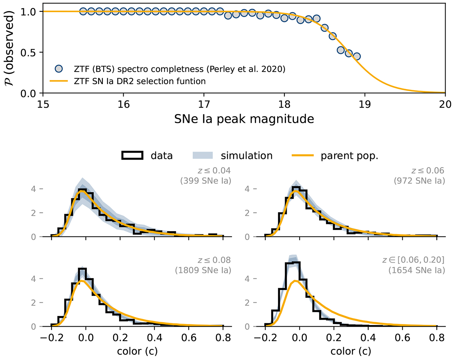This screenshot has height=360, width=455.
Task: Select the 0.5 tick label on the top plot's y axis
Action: [32, 52]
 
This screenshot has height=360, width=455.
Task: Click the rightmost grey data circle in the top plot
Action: [356, 56]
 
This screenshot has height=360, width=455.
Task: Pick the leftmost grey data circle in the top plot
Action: [83, 11]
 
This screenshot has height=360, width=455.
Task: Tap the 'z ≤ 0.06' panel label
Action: [429, 171]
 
